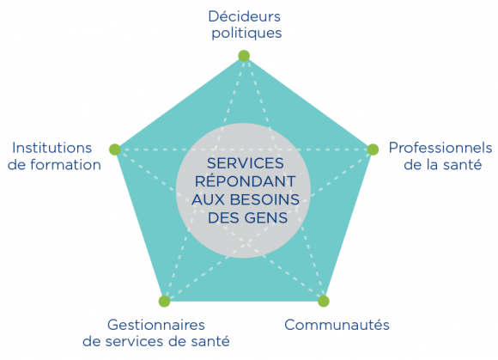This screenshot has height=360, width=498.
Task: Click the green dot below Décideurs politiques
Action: pyautogui.click(x=244, y=56)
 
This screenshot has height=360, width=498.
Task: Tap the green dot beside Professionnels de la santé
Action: pyautogui.click(x=373, y=149)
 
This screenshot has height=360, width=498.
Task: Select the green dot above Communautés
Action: pyautogui.click(x=324, y=301)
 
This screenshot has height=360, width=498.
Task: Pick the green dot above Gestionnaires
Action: pyautogui.click(x=164, y=301)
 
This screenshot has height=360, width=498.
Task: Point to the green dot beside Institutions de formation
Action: pyautogui.click(x=115, y=149)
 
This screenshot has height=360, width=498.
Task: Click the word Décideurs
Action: pyautogui.click(x=244, y=16)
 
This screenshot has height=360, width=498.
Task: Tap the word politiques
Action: pyautogui.click(x=246, y=33)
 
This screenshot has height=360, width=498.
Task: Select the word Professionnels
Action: pyautogui.click(x=440, y=148)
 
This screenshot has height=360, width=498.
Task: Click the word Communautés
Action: pyautogui.click(x=337, y=325)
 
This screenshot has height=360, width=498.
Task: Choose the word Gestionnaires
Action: pyautogui.click(x=156, y=325)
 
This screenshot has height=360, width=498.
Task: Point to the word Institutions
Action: pyautogui.click(x=52, y=148)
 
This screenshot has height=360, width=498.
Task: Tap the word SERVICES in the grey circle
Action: pyautogui.click(x=246, y=163)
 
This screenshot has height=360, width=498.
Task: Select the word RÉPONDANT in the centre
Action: pyautogui.click(x=246, y=180)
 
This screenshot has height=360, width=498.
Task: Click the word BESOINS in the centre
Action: pyautogui.click(x=264, y=199)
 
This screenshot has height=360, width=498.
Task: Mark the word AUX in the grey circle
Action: pyautogui.click(x=209, y=199)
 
